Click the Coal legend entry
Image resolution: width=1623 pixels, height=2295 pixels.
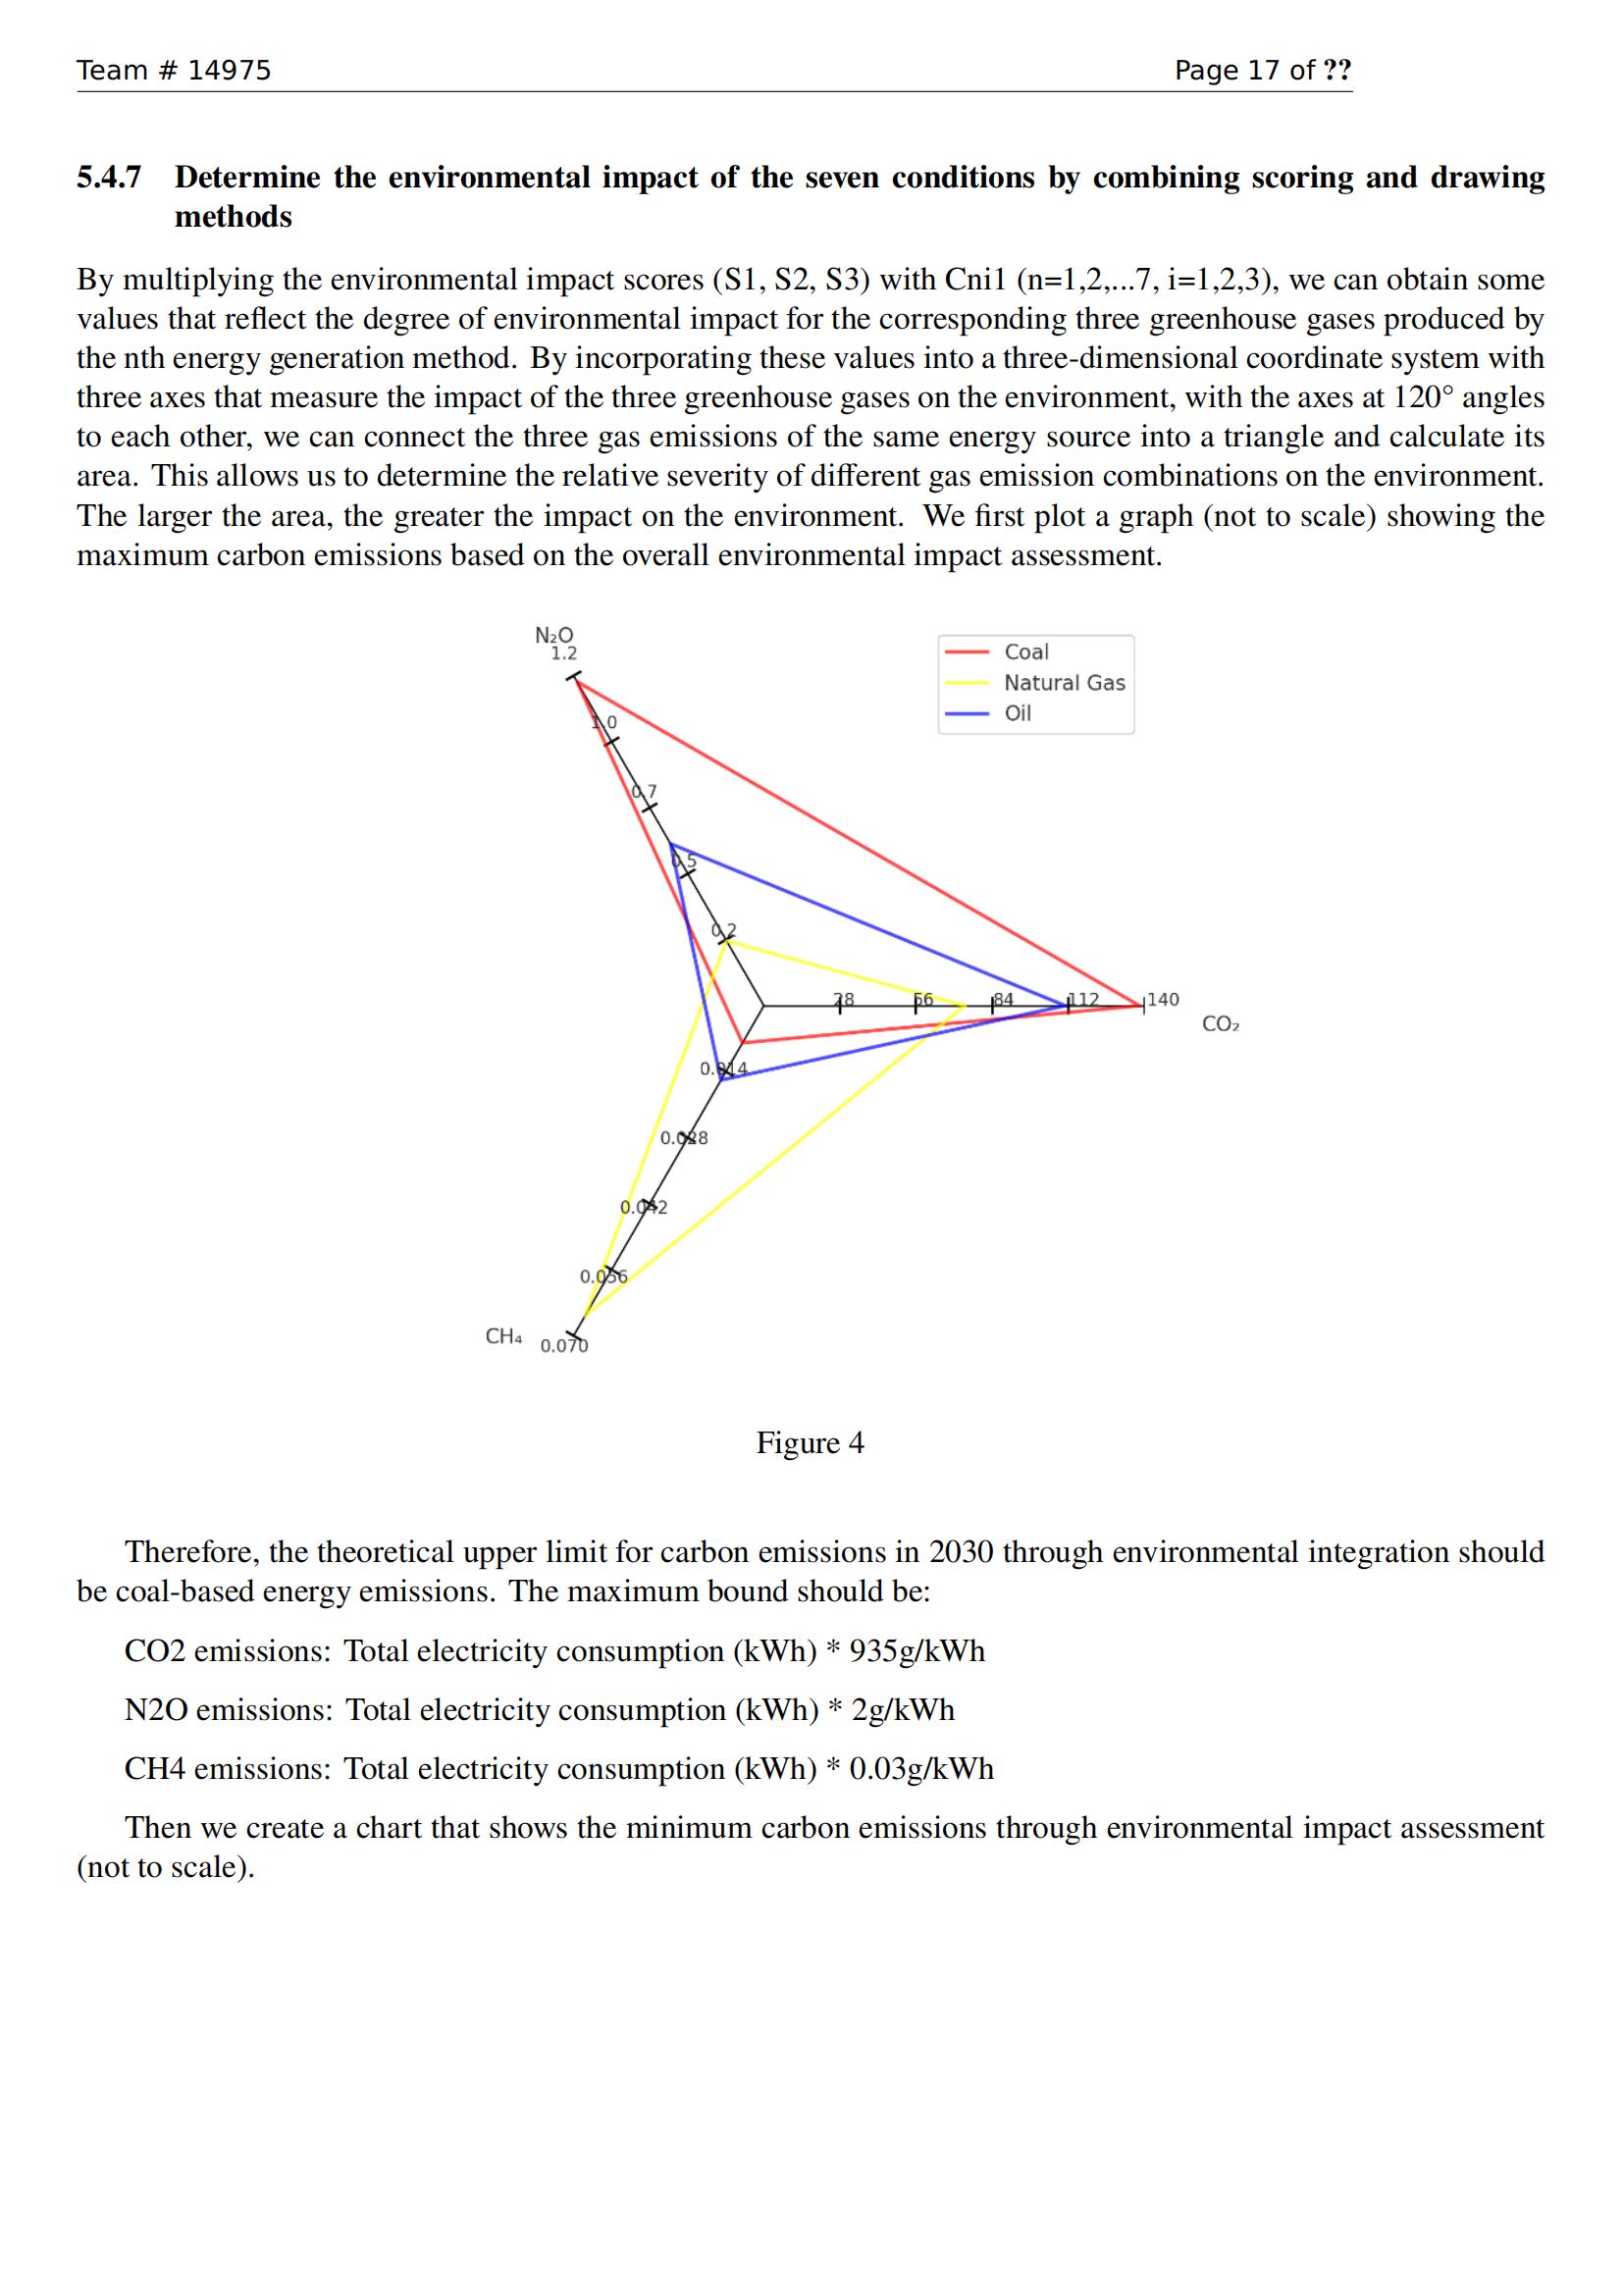point(1025,652)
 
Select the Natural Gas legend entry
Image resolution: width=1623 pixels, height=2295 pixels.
point(1064,683)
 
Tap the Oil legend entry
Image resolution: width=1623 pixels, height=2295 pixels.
point(1018,712)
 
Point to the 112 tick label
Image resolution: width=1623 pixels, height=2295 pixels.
point(1083,999)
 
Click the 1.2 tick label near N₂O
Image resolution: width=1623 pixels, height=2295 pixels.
point(563,653)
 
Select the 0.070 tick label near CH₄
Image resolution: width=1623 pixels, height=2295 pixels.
point(563,1345)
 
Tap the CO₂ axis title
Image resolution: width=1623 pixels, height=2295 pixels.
point(1221,1023)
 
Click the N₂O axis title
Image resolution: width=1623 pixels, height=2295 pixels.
point(554,635)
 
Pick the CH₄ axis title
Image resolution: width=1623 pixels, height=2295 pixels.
point(502,1336)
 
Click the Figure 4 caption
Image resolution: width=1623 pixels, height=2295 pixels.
point(810,1442)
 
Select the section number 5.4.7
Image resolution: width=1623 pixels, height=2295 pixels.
point(109,177)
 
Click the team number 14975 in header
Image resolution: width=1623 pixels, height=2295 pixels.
point(229,70)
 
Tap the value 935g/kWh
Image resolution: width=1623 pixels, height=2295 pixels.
point(916,1650)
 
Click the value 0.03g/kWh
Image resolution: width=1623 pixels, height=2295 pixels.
point(920,1768)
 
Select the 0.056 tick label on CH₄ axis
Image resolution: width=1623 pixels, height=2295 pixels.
point(602,1277)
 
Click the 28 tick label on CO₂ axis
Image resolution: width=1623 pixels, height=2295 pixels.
point(844,999)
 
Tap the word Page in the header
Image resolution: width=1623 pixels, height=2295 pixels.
point(1206,70)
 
